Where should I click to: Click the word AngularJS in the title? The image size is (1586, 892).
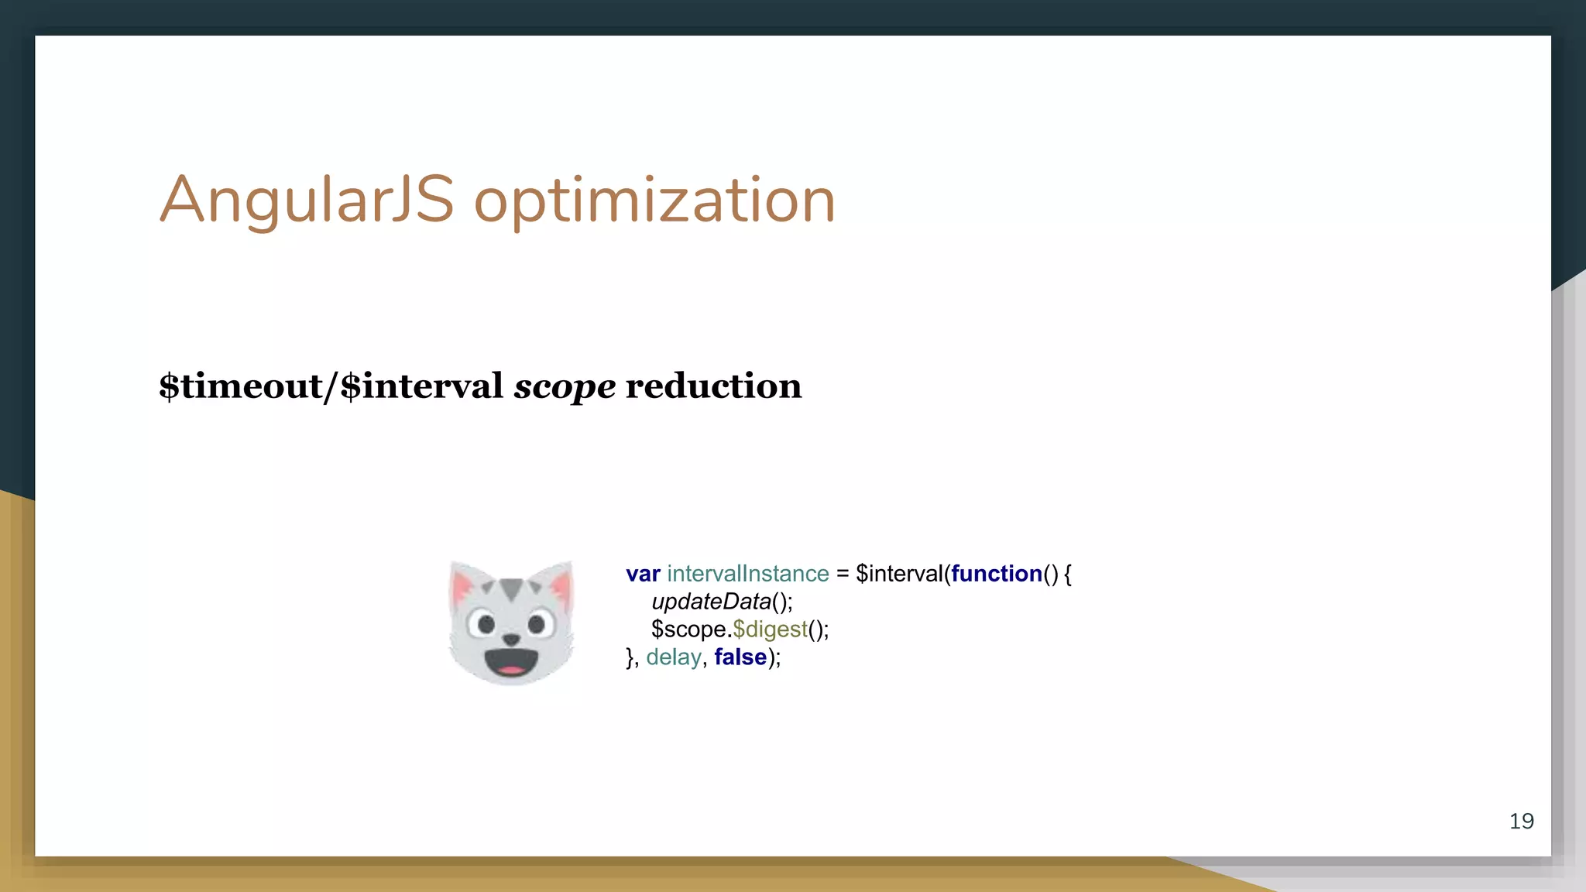306,200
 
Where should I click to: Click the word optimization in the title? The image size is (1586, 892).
654,201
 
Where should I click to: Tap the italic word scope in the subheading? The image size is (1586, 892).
565,386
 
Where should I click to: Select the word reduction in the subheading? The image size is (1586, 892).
713,386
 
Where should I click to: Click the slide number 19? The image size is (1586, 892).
1521,821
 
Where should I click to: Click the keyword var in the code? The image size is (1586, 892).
643,574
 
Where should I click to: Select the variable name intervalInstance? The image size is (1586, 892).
747,574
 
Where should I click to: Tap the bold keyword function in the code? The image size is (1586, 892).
997,574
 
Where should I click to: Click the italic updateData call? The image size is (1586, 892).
711,602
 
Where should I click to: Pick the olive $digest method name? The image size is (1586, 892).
770,630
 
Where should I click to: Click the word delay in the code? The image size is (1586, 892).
674,657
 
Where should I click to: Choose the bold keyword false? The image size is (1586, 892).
740,657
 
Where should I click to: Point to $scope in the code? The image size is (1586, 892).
688,630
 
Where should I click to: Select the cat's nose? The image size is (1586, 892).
511,639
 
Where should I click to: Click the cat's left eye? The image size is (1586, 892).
486,623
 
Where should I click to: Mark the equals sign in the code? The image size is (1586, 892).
843,574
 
